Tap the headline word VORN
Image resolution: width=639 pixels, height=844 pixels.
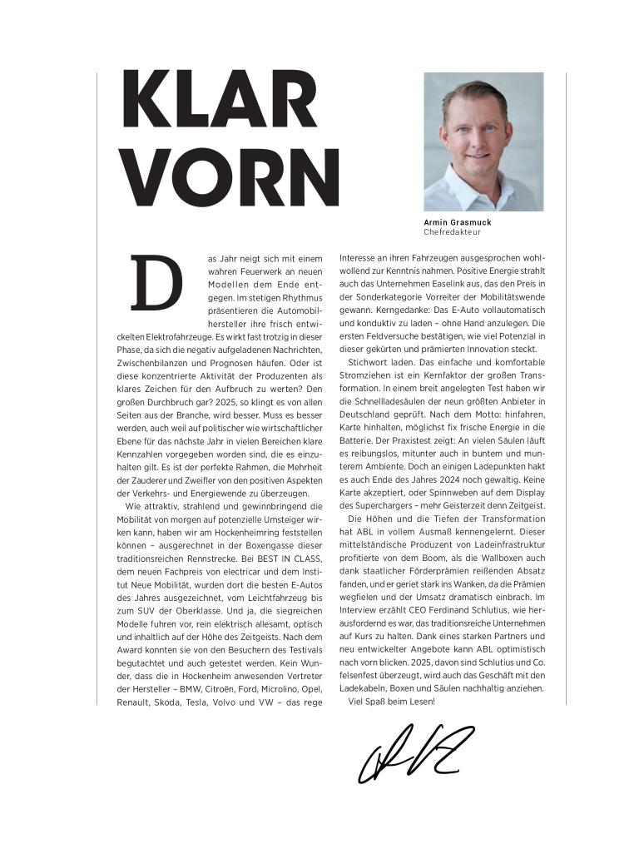click(x=230, y=178)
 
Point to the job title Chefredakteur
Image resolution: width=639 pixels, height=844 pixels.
click(x=452, y=232)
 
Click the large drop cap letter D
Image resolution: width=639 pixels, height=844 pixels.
click(x=156, y=283)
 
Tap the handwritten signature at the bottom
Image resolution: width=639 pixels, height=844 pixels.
click(x=414, y=752)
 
